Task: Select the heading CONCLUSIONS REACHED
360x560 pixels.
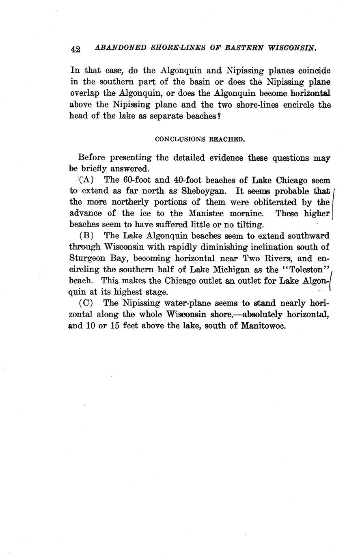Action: point(200,139)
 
